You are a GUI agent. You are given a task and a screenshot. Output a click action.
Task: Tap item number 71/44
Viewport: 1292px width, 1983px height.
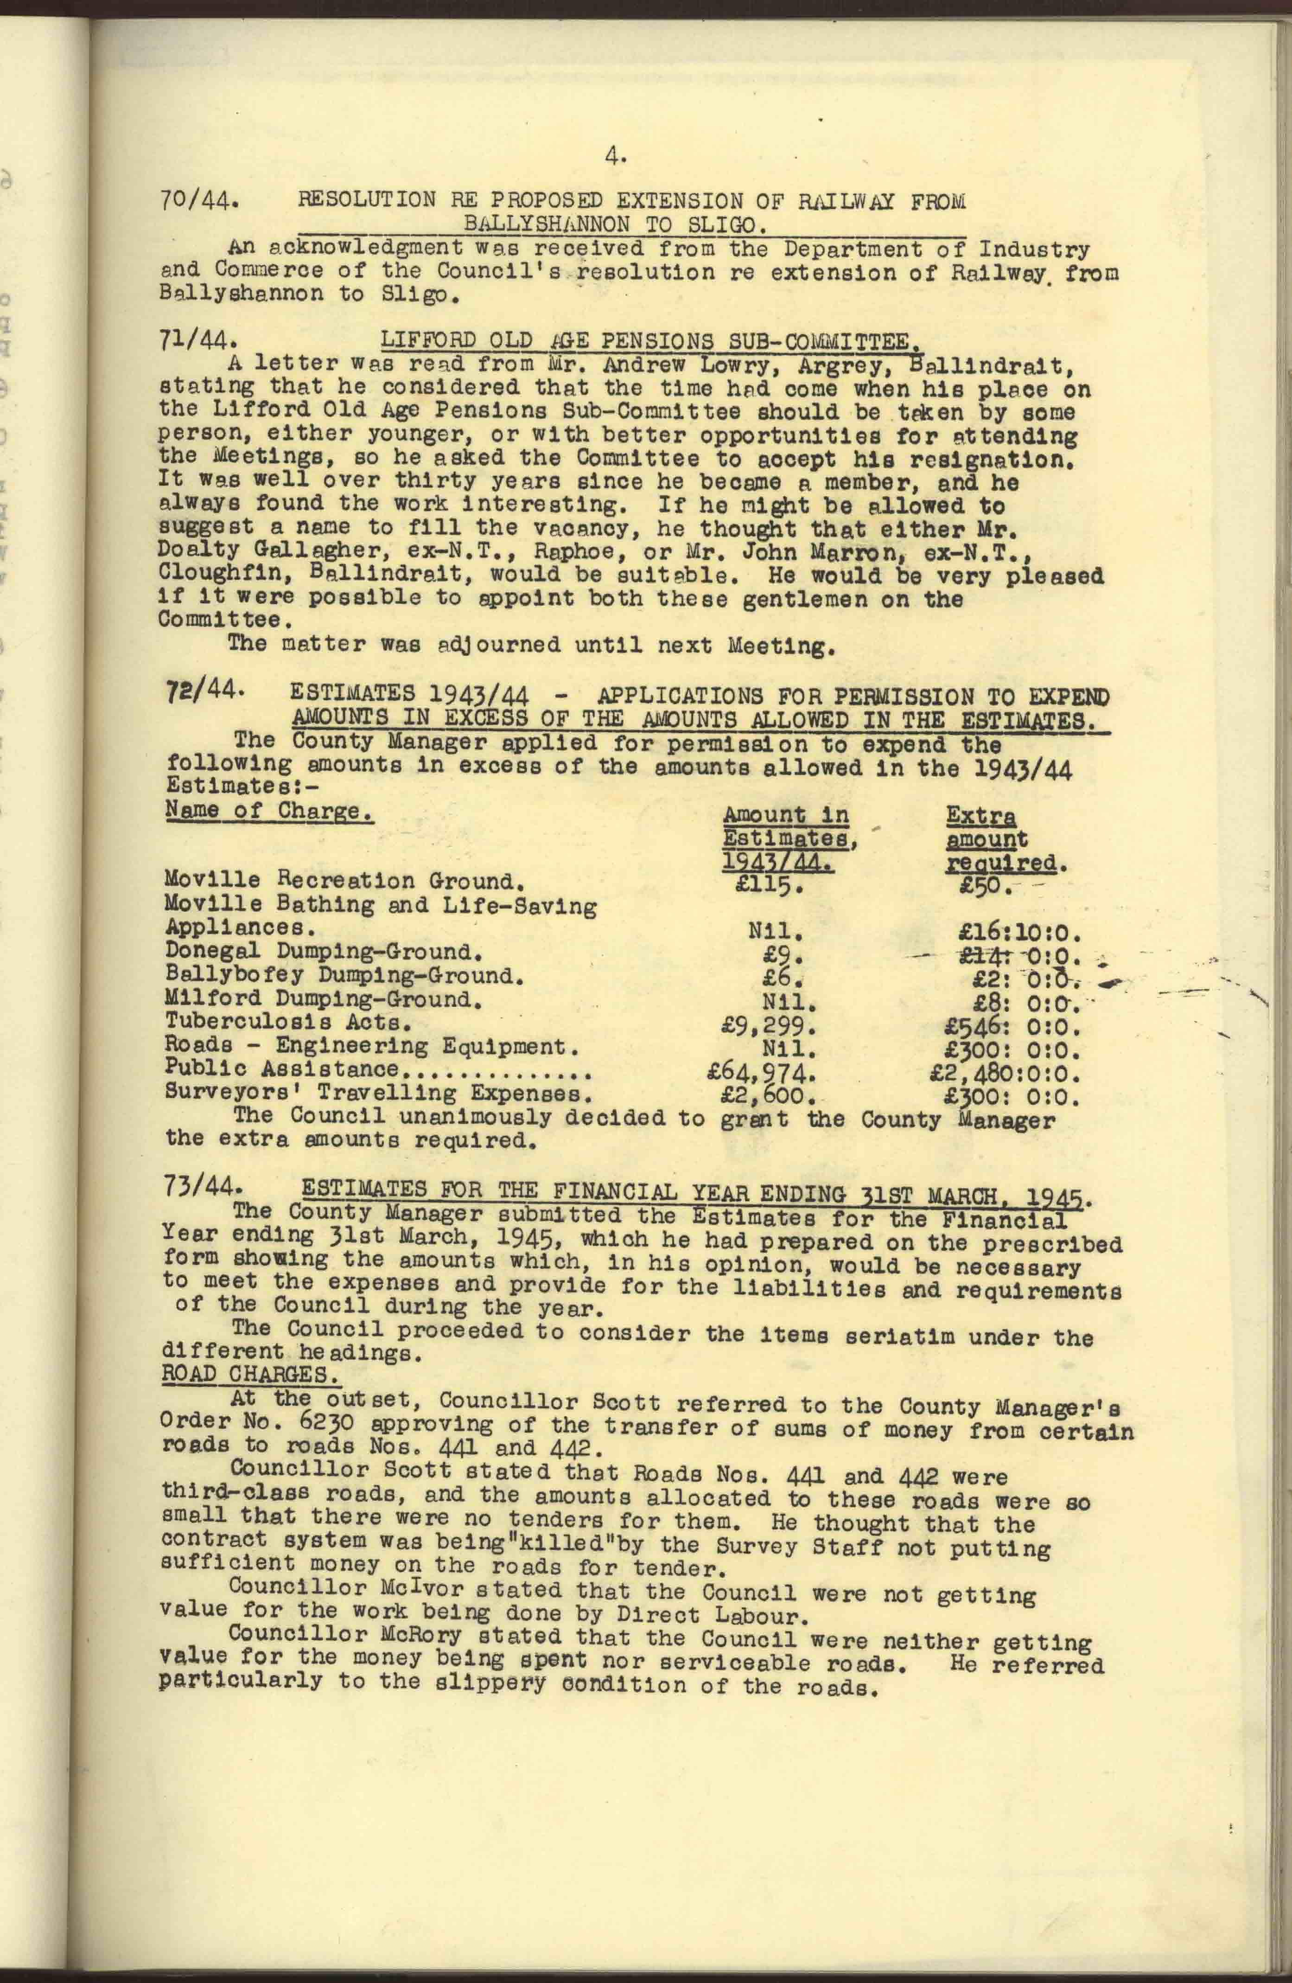(200, 341)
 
